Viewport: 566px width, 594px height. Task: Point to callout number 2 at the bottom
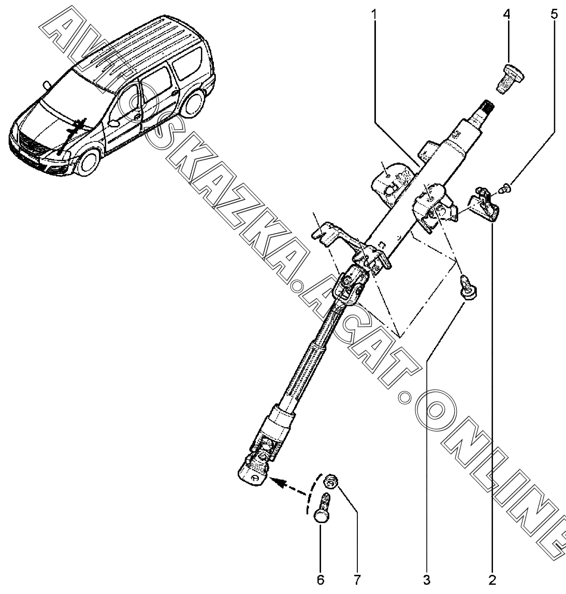pos(491,579)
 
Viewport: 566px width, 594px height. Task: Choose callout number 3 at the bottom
pos(426,579)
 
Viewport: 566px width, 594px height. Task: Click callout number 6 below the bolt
pos(321,579)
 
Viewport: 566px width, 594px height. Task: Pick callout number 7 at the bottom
pos(357,579)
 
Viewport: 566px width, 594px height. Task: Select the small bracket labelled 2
pos(485,206)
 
